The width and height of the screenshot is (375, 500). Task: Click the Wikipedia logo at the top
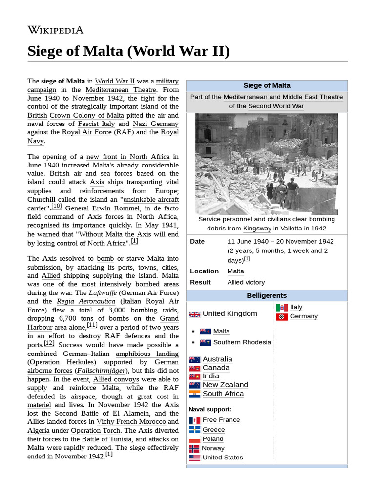pyautogui.click(x=55, y=30)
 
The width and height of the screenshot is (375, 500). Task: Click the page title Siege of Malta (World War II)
pyautogui.click(x=128, y=51)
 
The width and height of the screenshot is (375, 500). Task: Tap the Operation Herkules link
pyautogui.click(x=62, y=362)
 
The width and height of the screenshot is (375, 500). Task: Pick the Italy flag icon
pyautogui.click(x=282, y=307)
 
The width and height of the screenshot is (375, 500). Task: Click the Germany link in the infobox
pyautogui.click(x=303, y=316)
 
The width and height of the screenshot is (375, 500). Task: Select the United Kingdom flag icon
pyautogui.click(x=194, y=314)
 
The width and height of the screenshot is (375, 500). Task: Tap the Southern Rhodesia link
pyautogui.click(x=242, y=342)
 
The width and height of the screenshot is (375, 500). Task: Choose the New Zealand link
pyautogui.click(x=225, y=385)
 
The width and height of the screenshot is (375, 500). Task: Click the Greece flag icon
pyautogui.click(x=194, y=430)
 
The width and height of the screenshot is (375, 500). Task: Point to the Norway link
pyautogui.click(x=213, y=448)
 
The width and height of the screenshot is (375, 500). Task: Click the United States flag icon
pyautogui.click(x=194, y=458)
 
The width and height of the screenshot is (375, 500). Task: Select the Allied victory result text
pyautogui.click(x=246, y=282)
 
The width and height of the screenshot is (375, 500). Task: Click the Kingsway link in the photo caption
pyautogui.click(x=257, y=229)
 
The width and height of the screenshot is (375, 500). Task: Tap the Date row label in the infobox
pyautogui.click(x=197, y=241)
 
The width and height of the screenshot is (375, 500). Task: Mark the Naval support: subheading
pyautogui.click(x=210, y=409)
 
